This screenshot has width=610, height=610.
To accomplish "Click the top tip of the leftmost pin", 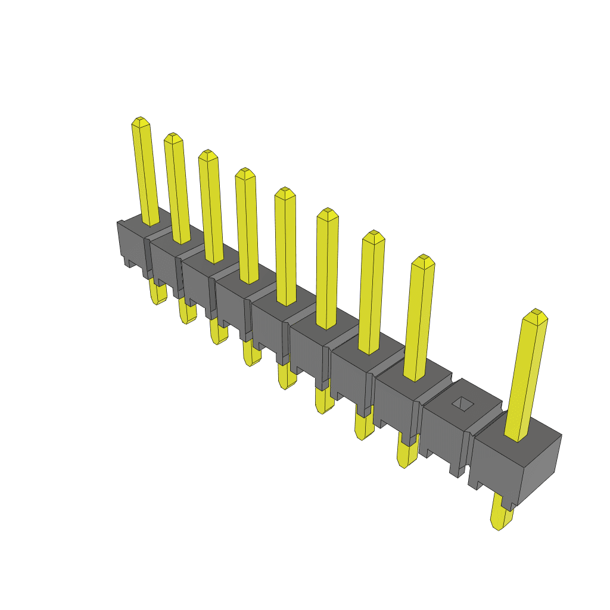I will point(139,121).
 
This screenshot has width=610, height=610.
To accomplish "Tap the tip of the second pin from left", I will point(173,136).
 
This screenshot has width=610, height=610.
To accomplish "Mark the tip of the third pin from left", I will point(207,153).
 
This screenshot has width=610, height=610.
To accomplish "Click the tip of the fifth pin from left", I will point(285,191).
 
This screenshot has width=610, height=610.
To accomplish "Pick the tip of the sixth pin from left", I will point(327,212).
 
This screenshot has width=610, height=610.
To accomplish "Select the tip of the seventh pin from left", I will point(373,234).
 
